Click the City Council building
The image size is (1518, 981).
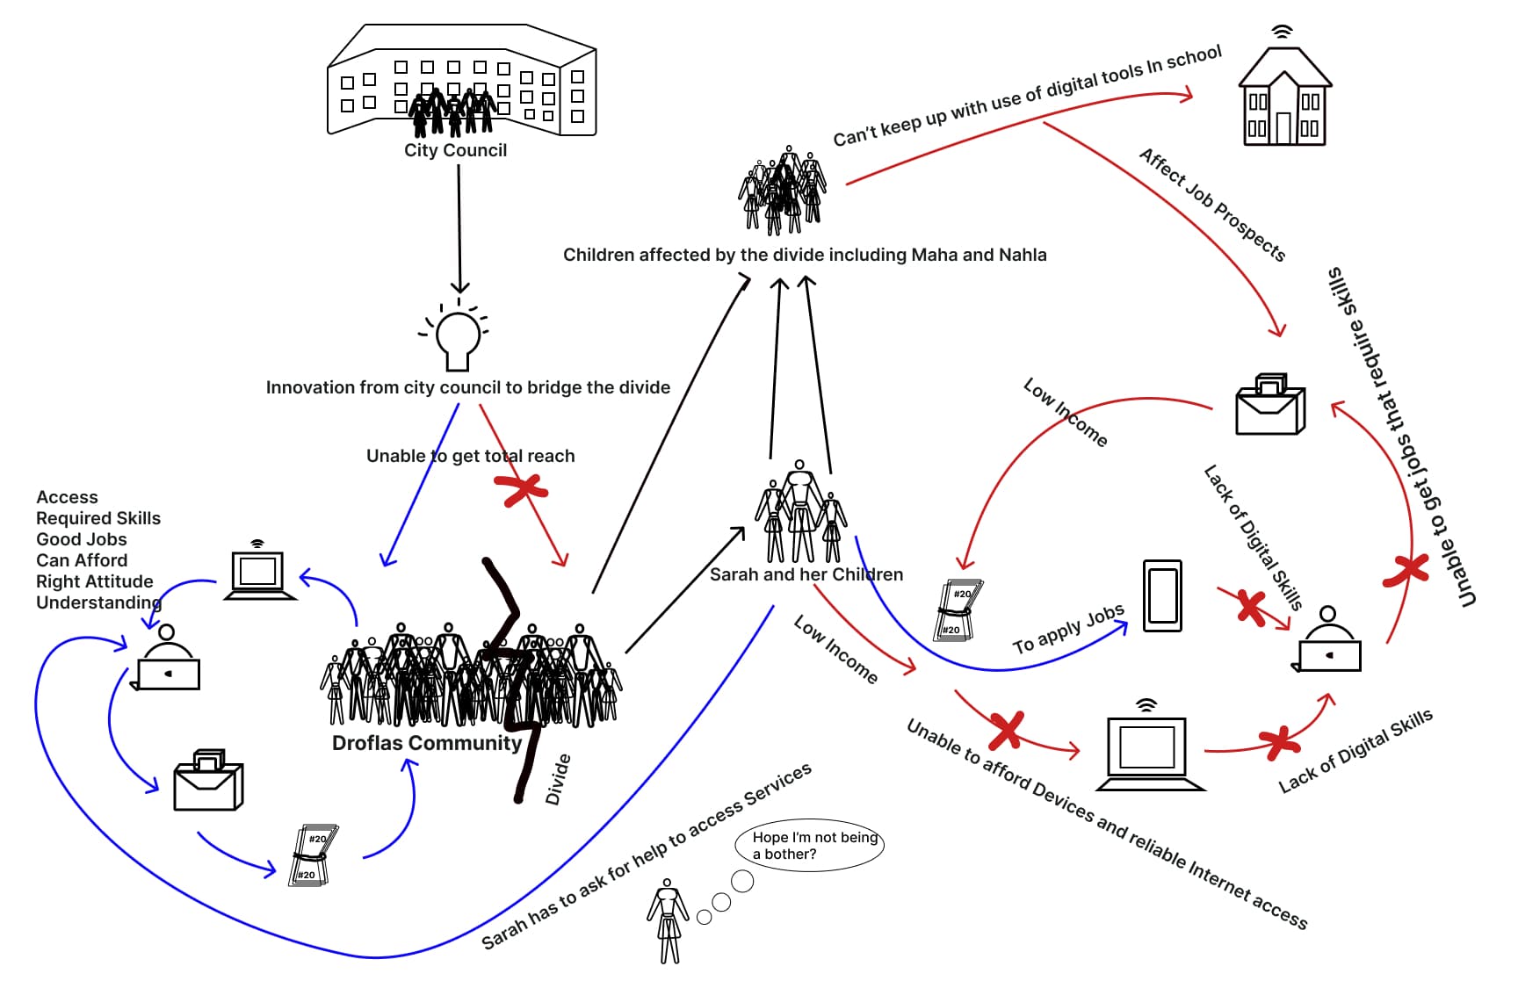pos(461,82)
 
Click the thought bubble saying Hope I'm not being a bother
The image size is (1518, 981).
pos(809,845)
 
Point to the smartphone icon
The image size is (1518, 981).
pos(1162,596)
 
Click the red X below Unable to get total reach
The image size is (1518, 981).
pos(522,490)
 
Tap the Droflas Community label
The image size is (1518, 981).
pos(427,743)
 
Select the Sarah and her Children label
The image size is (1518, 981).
pos(806,574)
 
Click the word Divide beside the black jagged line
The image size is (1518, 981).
pos(558,779)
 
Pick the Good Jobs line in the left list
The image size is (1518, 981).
pos(82,539)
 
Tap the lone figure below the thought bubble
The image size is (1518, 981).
pos(669,921)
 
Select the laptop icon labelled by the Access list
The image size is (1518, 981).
pos(259,574)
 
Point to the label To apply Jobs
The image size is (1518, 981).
pos(1068,629)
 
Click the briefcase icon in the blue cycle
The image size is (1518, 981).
pos(208,781)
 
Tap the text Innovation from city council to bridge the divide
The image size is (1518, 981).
pos(467,387)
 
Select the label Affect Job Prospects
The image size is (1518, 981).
pos(1212,205)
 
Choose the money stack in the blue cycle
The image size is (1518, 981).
pos(313,855)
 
